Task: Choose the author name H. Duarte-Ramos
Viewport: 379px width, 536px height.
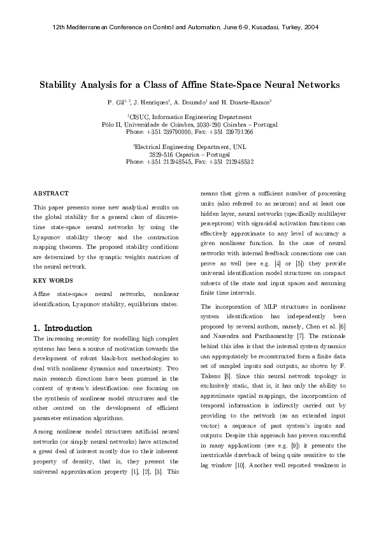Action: [x=248, y=102]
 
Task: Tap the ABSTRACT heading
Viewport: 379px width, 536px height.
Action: [x=50, y=193]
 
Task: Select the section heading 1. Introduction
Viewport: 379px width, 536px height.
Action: [x=62, y=327]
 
